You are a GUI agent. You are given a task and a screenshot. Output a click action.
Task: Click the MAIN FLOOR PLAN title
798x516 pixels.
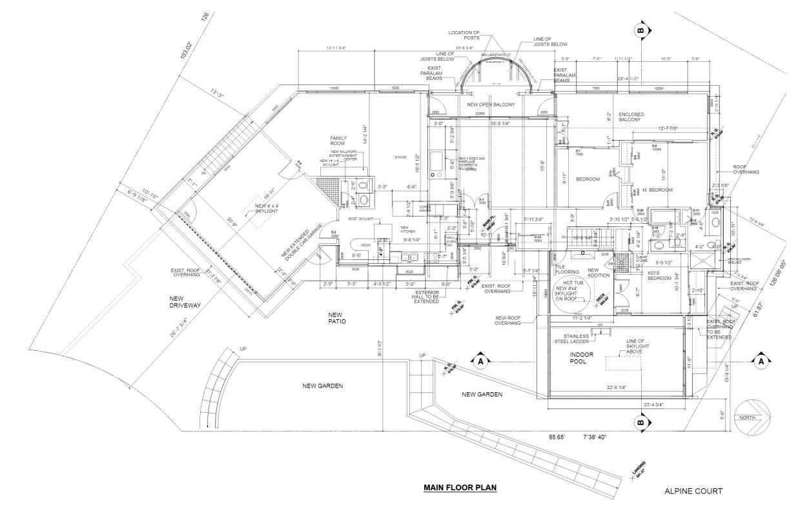pos(460,487)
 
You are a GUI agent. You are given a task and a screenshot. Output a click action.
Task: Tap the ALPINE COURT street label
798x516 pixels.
pos(693,491)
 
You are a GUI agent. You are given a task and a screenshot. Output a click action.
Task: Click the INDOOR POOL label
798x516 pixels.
pos(581,359)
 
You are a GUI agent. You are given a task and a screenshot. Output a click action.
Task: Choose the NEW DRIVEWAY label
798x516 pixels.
pos(186,303)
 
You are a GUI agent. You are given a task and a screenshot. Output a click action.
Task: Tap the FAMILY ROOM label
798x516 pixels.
pos(340,142)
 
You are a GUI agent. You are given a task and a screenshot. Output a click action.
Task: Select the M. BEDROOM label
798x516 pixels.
pos(658,190)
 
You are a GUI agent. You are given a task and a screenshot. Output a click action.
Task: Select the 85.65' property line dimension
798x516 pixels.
pos(557,437)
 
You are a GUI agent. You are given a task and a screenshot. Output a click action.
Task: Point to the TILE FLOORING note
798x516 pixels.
pos(567,269)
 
